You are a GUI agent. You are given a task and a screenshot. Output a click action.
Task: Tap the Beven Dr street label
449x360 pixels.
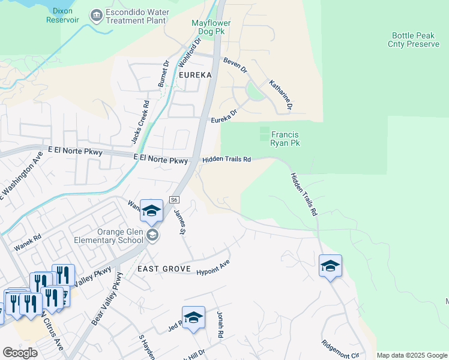click(235, 65)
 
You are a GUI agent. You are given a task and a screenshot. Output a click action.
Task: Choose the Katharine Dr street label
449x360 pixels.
click(280, 95)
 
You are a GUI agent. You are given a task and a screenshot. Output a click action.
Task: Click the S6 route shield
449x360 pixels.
click(175, 199)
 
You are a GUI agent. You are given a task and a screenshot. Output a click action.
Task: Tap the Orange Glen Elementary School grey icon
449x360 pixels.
click(152, 235)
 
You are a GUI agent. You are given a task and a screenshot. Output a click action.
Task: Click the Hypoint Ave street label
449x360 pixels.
click(213, 268)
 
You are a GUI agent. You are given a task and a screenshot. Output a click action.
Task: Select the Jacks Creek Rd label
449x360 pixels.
click(140, 122)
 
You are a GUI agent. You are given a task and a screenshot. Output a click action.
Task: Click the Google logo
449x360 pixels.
click(20, 353)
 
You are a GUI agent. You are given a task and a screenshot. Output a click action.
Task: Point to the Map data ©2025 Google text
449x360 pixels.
click(412, 355)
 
